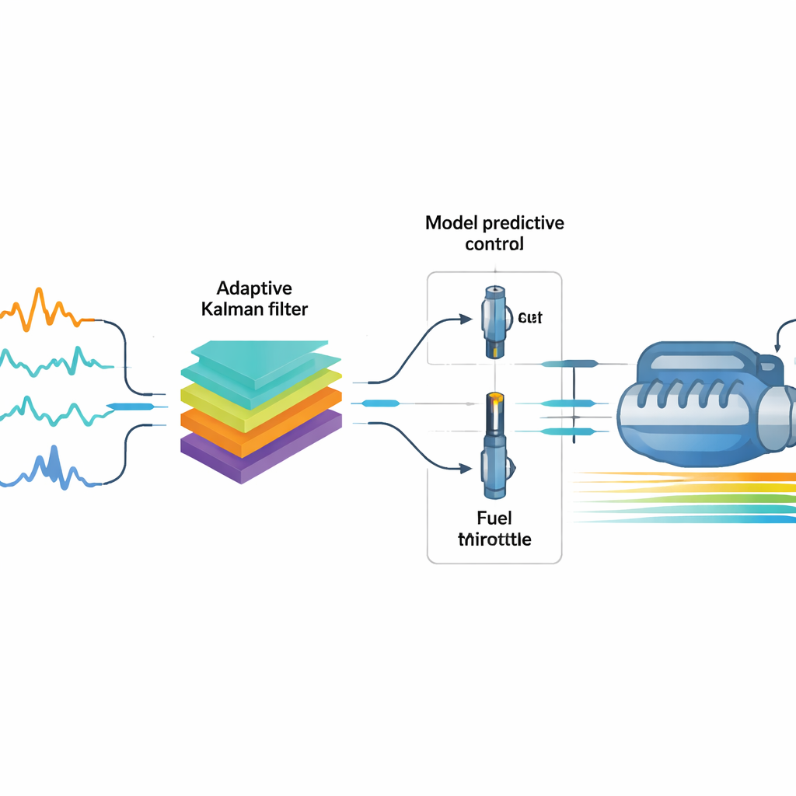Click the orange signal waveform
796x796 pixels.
(43, 310)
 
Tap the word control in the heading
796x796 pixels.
(494, 243)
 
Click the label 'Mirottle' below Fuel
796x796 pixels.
(495, 538)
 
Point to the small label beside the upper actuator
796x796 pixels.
(530, 317)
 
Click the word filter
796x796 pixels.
(288, 309)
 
